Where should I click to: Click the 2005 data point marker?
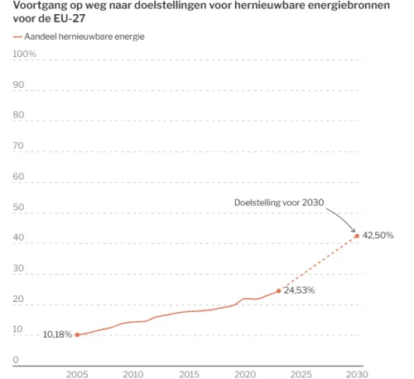pos(77,334)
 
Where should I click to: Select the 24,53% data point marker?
pos(279,291)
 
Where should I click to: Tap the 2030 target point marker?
pos(357,236)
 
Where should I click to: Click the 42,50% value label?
pos(378,235)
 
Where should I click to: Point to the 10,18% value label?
pos(57,334)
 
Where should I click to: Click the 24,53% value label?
pos(300,290)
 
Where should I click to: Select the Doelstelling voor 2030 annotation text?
pos(279,203)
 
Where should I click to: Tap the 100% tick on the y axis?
pos(24,54)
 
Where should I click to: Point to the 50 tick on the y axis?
pos(18,207)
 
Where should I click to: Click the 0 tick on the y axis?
pos(16,360)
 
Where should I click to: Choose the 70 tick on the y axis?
pos(18,146)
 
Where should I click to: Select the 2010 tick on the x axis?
pos(133,374)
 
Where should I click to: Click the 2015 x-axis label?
pos(189,374)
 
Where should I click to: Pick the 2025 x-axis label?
pos(301,374)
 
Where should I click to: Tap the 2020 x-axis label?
pos(245,374)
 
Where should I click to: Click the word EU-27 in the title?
pos(70,18)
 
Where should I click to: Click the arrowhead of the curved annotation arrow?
pos(354,231)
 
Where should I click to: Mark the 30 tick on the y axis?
pos(18,268)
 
